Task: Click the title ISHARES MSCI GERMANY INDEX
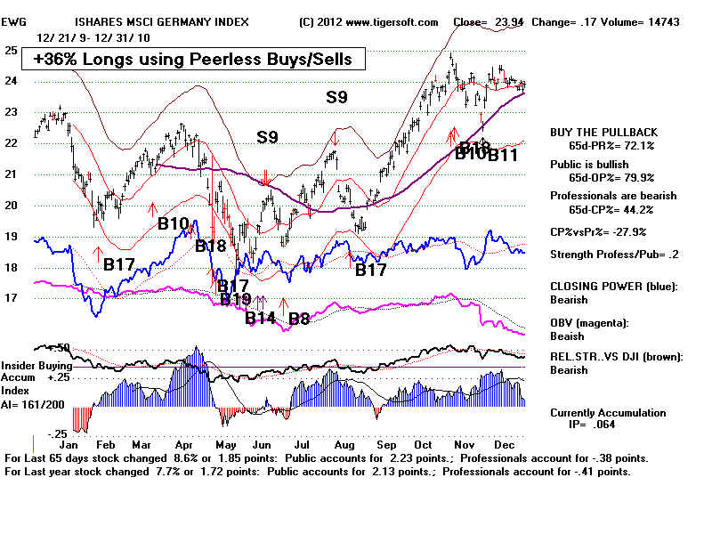click(163, 21)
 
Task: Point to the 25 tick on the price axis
click(12, 51)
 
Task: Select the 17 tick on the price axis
click(12, 298)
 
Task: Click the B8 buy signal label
click(298, 318)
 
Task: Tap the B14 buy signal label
click(261, 318)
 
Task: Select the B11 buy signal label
click(503, 155)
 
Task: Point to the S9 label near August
click(336, 98)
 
